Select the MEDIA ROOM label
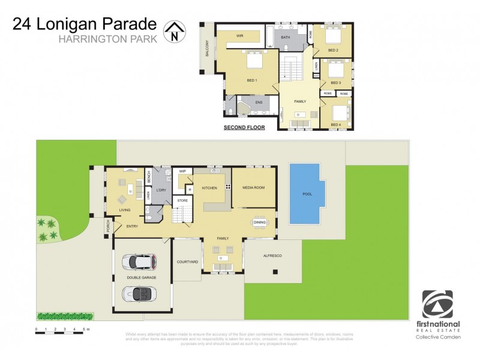[253, 187]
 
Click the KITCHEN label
[209, 188]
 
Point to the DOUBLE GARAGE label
[142, 278]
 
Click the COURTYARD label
[187, 262]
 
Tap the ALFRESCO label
[272, 256]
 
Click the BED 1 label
[252, 80]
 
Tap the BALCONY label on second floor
[207, 48]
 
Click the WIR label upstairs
[239, 36]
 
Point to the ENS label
[259, 103]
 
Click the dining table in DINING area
[259, 221]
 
